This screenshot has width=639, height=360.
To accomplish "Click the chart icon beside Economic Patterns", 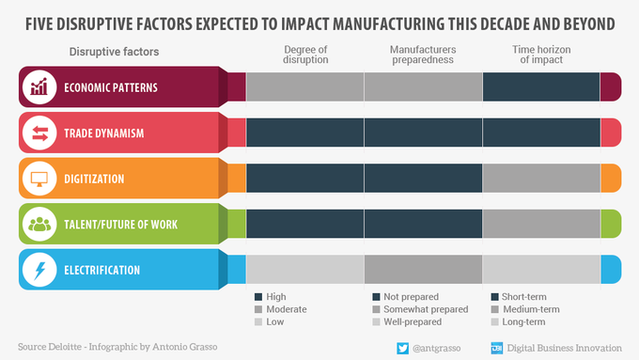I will [39, 87].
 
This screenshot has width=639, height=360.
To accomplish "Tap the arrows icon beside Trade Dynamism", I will [39, 133].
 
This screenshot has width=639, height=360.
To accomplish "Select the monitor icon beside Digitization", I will [39, 178].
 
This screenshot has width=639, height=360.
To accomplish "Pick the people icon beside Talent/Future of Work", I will [39, 224].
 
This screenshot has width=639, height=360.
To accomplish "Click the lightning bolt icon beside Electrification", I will [39, 269].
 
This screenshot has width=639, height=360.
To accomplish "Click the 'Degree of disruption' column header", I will [304, 55].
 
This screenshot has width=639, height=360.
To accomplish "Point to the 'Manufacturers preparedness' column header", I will [423, 55].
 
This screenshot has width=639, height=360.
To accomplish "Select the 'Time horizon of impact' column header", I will [540, 55].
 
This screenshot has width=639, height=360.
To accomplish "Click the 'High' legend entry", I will [276, 296].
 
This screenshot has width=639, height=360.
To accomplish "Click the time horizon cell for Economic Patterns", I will [540, 87].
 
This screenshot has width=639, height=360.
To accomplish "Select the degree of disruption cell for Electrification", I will [304, 269].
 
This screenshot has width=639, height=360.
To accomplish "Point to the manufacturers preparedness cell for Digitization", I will [423, 178].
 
